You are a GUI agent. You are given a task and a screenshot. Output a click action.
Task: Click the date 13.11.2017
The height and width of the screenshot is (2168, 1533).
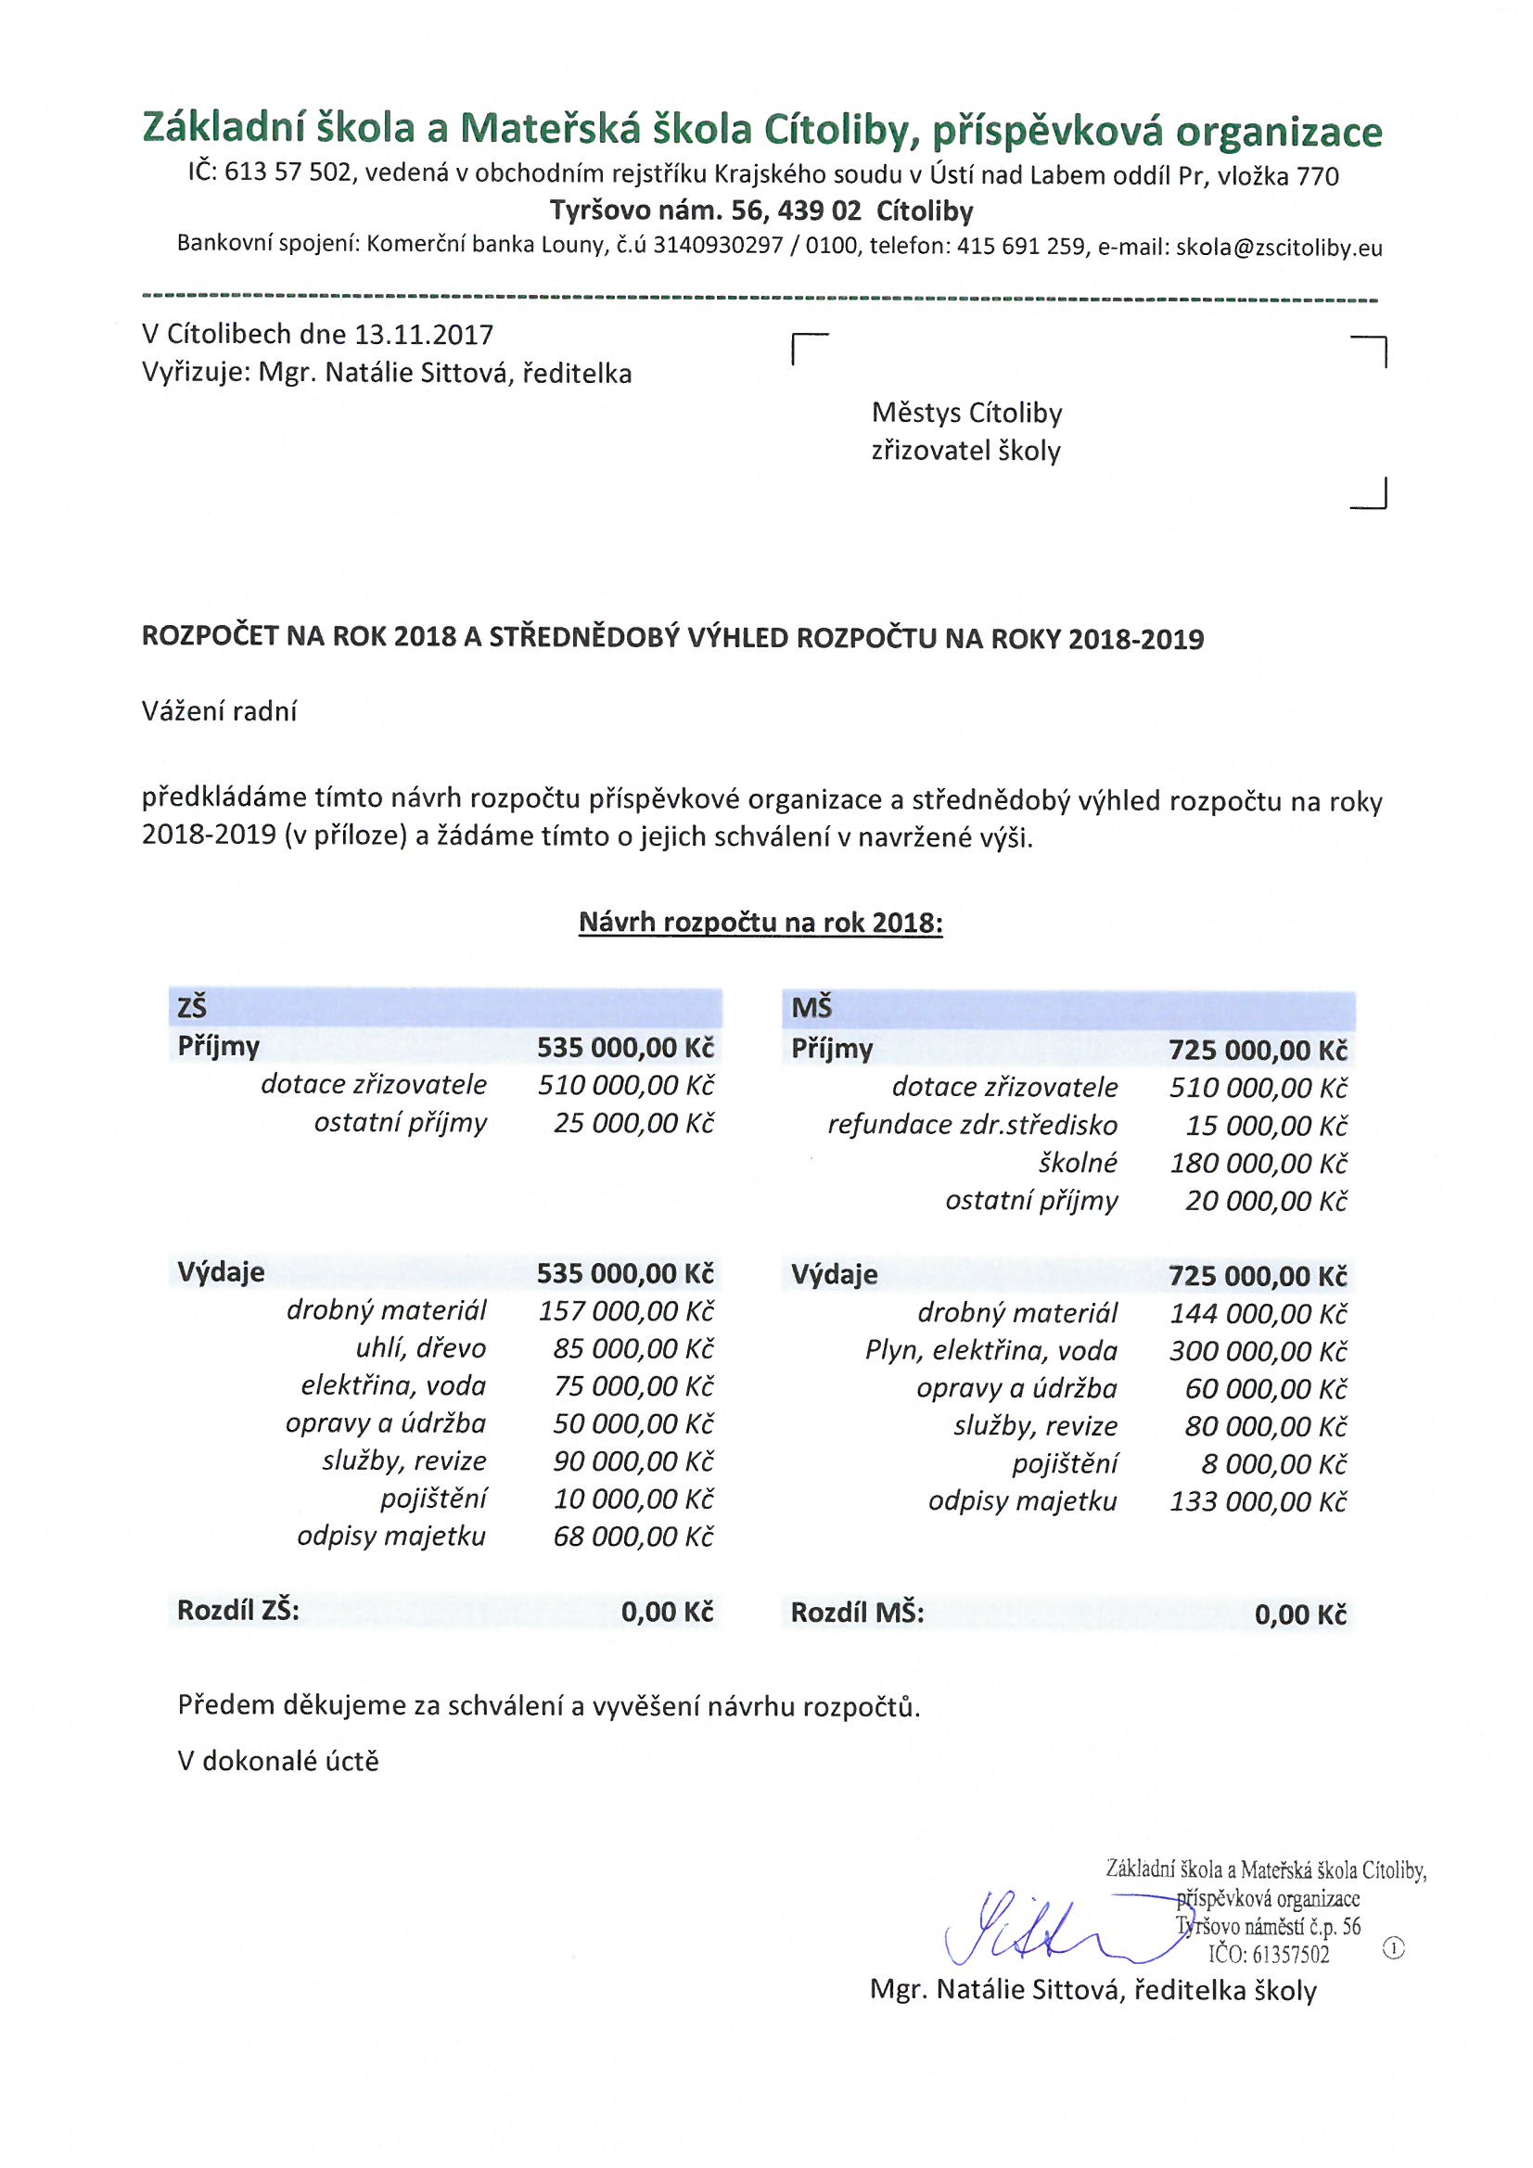pyautogui.click(x=423, y=334)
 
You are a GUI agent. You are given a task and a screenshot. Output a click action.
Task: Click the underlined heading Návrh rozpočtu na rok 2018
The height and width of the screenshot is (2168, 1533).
pyautogui.click(x=760, y=923)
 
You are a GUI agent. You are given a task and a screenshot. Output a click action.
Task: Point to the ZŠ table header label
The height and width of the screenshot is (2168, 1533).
pyautogui.click(x=192, y=1009)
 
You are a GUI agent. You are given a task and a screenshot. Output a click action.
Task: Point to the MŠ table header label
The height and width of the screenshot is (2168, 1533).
pyautogui.click(x=811, y=1009)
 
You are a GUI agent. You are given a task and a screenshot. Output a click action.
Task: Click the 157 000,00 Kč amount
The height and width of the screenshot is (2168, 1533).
pyautogui.click(x=625, y=1310)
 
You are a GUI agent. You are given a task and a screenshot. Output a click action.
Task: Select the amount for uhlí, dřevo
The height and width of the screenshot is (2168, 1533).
pyautogui.click(x=632, y=1348)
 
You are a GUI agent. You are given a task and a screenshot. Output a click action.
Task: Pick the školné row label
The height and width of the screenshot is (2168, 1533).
pyautogui.click(x=1078, y=1163)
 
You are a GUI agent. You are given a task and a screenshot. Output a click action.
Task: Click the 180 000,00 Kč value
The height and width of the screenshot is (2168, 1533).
pyautogui.click(x=1258, y=1164)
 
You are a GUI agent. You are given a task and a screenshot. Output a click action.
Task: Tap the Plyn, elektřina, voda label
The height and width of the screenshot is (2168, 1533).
pyautogui.click(x=990, y=1351)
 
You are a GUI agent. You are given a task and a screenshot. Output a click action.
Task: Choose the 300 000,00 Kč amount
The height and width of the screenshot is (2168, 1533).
pyautogui.click(x=1258, y=1351)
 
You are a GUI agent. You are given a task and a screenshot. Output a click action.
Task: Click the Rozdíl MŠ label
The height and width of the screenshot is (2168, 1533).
pyautogui.click(x=857, y=1613)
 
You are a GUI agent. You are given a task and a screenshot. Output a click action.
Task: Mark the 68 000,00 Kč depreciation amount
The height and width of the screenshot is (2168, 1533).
pyautogui.click(x=632, y=1537)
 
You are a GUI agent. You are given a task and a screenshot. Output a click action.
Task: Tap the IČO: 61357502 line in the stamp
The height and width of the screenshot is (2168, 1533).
pyautogui.click(x=1268, y=1954)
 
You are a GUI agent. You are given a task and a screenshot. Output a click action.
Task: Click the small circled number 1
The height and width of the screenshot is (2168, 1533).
pyautogui.click(x=1393, y=1948)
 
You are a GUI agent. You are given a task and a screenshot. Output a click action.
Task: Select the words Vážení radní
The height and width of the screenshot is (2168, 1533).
pyautogui.click(x=219, y=711)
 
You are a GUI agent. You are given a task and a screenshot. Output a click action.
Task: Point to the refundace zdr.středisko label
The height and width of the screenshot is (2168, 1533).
pyautogui.click(x=972, y=1125)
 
